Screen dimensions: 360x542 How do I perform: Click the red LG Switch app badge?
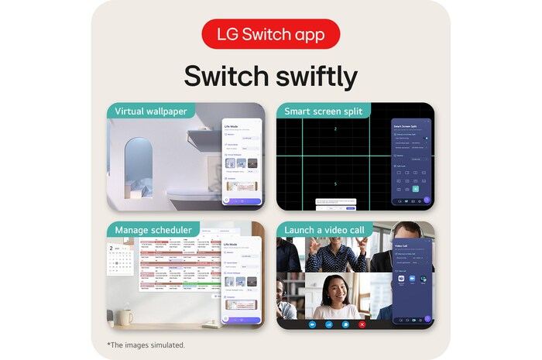pos(270,34)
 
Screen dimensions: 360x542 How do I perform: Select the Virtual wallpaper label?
pos(151,111)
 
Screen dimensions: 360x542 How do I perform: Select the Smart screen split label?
pos(324,111)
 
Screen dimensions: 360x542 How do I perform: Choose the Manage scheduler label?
pos(155,230)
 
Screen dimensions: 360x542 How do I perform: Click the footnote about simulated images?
pos(146,345)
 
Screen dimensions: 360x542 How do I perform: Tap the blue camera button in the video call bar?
pos(314,324)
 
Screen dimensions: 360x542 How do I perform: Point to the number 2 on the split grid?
pos(334,129)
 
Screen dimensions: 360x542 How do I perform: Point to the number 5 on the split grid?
pos(334,183)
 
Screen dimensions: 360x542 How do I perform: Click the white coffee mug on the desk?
pos(125,316)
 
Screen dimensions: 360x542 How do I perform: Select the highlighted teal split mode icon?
pos(415,189)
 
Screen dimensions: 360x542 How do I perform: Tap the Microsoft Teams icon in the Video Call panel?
pos(424,279)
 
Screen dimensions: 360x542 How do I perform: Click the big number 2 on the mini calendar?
pos(111,249)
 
